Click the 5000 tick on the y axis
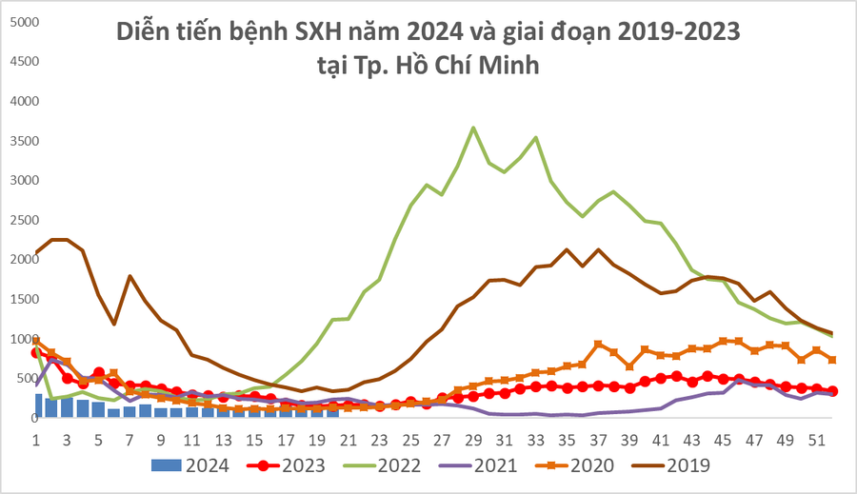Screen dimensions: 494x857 (x=21, y=20)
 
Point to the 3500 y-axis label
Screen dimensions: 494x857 (x=21, y=140)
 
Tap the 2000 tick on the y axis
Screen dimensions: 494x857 (x=21, y=259)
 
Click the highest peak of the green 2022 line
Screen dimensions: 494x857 (x=473, y=128)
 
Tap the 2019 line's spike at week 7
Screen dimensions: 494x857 (x=130, y=276)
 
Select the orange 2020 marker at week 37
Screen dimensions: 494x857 (x=598, y=344)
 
